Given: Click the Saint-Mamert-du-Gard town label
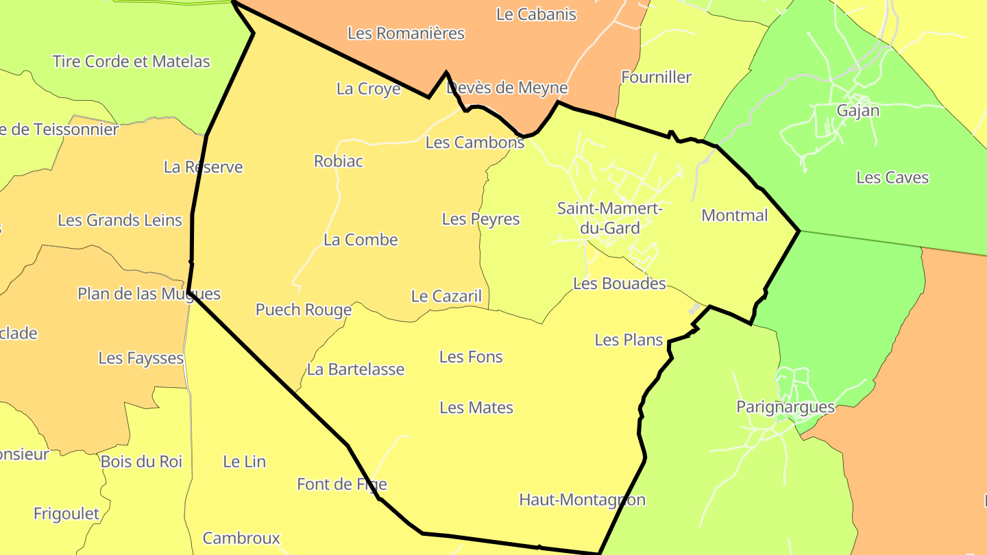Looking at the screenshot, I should coord(609,218).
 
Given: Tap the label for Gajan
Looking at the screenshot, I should coord(857,110).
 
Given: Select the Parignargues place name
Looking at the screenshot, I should coord(785,407).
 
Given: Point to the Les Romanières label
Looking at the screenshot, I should coord(406,33).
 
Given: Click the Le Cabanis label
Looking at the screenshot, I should coord(536,14).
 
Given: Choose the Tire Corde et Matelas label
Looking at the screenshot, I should coord(131,61).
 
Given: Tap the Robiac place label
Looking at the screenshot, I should coord(339,161).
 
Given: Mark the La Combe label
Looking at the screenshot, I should coord(361,240).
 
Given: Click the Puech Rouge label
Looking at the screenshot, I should coord(304,310).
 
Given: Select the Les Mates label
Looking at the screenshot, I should coord(476,408).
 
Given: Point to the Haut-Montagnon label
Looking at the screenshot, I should coord(582,500).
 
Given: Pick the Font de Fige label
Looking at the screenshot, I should coord(341,484).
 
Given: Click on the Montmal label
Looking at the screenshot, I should coord(735,215).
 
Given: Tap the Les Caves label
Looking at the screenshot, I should coord(892,177).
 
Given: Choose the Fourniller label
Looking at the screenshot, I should coord(656,77).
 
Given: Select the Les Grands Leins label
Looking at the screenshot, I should coord(120,220).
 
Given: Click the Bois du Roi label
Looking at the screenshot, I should coord(141,462).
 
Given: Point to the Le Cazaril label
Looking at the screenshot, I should coord(446,296).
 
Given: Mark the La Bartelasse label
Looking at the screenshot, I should coord(356,369).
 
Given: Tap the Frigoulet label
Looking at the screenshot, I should coord(66,513).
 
